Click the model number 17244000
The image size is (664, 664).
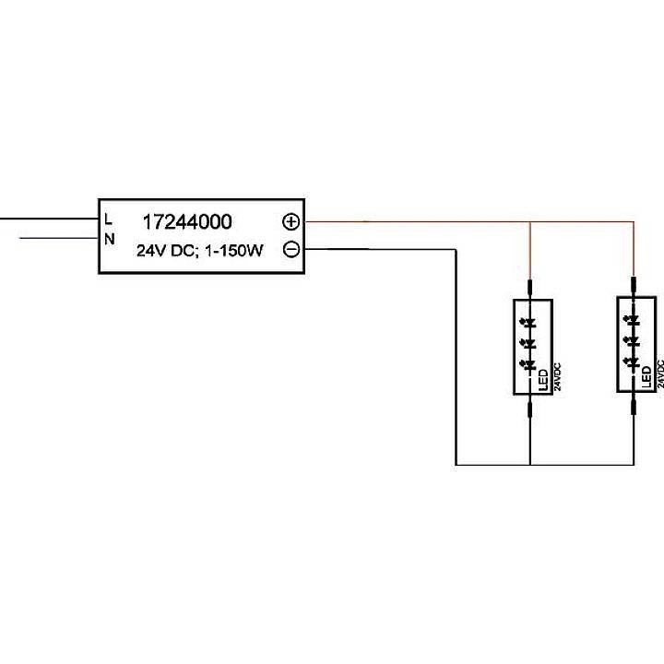(x=187, y=222)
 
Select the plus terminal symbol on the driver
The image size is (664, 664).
(x=290, y=222)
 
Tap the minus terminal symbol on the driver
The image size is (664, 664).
(x=290, y=249)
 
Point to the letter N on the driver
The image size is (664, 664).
(x=110, y=240)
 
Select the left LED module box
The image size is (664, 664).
(x=530, y=347)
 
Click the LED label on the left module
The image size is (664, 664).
(x=543, y=378)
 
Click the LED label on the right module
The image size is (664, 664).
(x=646, y=378)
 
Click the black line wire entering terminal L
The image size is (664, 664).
(x=46, y=219)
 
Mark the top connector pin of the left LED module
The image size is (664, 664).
(x=530, y=290)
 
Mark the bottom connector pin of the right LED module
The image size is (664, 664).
(x=634, y=406)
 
